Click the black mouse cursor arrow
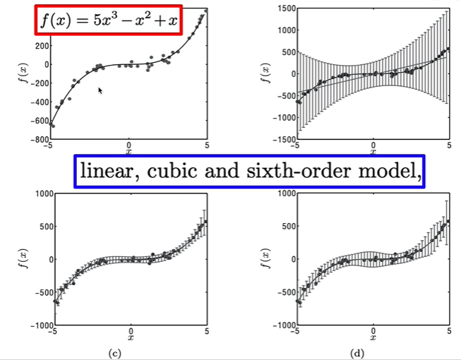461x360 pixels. coord(101,90)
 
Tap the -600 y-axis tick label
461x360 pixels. coord(35,121)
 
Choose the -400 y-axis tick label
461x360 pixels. coord(35,102)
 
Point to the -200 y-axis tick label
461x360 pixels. coord(35,83)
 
